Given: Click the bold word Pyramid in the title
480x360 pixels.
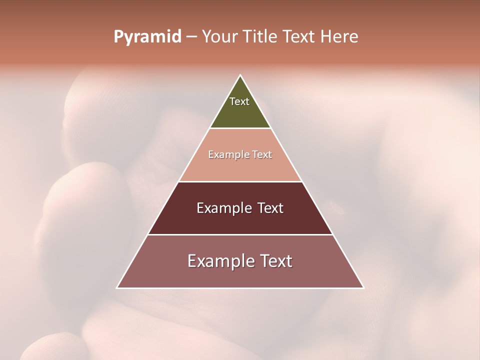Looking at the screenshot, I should pos(147,37).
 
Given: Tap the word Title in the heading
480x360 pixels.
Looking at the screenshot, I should pos(260,37).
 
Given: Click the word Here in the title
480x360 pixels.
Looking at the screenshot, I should pos(339,37).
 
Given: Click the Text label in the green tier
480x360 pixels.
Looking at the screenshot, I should pos(239,101).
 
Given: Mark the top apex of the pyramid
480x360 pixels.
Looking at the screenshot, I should pos(240,76).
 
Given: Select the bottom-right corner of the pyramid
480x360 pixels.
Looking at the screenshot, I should pos(363,287).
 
